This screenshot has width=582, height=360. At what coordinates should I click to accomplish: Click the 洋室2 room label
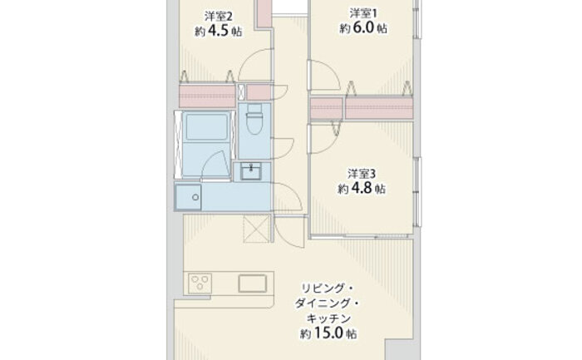218,17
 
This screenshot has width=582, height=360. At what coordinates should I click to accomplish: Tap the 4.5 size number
218,31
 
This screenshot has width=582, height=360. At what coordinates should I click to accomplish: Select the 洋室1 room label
363,14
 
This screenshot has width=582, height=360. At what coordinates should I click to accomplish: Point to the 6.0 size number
363,27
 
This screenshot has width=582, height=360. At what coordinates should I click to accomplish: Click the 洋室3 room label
362,174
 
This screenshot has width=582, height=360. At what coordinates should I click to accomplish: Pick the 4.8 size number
361,188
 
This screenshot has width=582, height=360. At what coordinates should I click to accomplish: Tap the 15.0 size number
328,333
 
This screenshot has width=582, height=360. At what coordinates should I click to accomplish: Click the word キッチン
328,318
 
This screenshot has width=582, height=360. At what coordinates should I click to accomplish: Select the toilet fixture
254,119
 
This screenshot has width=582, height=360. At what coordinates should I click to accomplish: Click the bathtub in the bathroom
206,126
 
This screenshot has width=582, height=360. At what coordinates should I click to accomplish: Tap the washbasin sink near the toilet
251,171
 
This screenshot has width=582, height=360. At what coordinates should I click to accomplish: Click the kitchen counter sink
253,284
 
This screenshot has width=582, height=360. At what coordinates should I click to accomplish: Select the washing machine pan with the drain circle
189,197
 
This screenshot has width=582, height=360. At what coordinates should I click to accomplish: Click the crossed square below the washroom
256,229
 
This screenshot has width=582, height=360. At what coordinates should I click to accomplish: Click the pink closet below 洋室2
208,96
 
